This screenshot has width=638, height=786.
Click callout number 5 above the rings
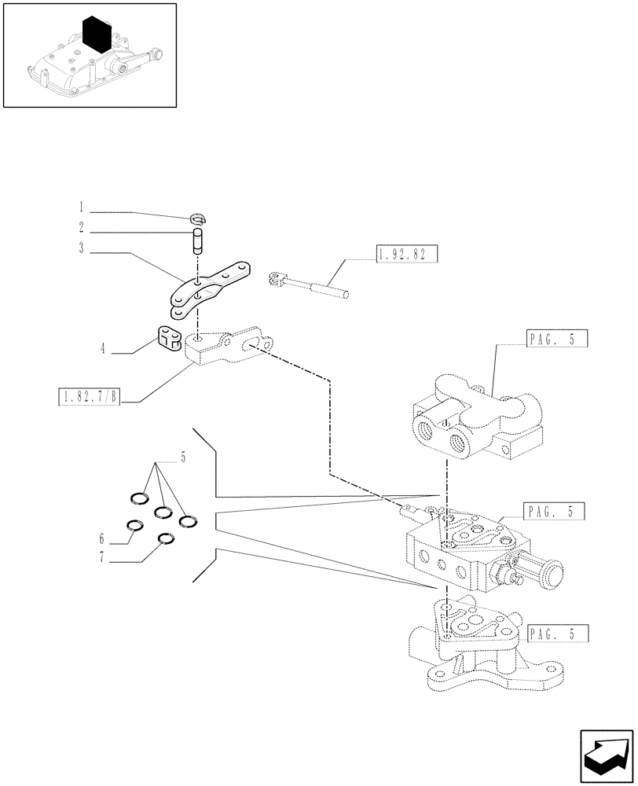click(183, 458)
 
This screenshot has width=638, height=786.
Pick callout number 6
click(102, 539)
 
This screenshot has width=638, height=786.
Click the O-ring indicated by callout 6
click(135, 527)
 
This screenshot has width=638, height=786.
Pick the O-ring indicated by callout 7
click(165, 539)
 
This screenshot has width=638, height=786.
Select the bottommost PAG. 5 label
click(559, 633)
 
